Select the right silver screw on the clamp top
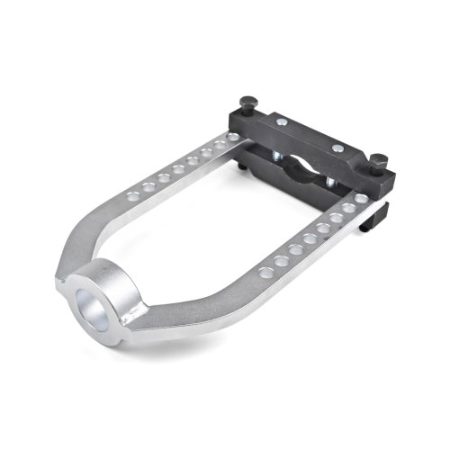click(x=337, y=148)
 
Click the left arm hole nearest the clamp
click(x=233, y=137)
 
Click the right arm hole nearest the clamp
click(x=361, y=199)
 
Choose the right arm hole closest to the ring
click(x=265, y=271)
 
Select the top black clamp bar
click(x=315, y=135)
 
